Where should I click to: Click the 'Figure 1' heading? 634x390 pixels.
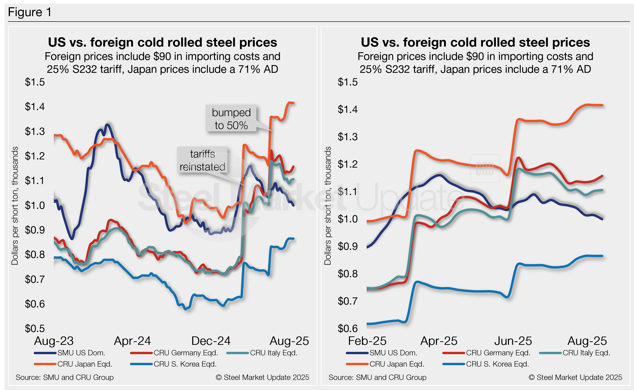(x=30, y=12)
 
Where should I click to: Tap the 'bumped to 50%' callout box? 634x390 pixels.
(x=231, y=119)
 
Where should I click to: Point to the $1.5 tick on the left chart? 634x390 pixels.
(x=35, y=82)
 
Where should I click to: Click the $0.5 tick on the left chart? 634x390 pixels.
(x=35, y=328)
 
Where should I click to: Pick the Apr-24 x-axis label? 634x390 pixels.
(x=132, y=341)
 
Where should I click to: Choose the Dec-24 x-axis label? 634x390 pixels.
(x=211, y=341)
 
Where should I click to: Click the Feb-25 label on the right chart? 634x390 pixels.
(x=367, y=341)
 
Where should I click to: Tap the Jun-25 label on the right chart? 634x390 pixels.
(x=513, y=341)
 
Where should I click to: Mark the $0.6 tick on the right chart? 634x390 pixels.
(x=347, y=328)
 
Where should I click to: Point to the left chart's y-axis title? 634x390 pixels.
(x=15, y=206)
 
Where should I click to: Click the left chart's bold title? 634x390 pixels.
(x=162, y=42)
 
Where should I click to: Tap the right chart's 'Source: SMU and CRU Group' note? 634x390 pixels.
(x=377, y=377)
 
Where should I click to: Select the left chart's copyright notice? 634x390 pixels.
(x=262, y=377)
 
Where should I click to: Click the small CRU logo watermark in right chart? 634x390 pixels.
(x=485, y=169)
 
